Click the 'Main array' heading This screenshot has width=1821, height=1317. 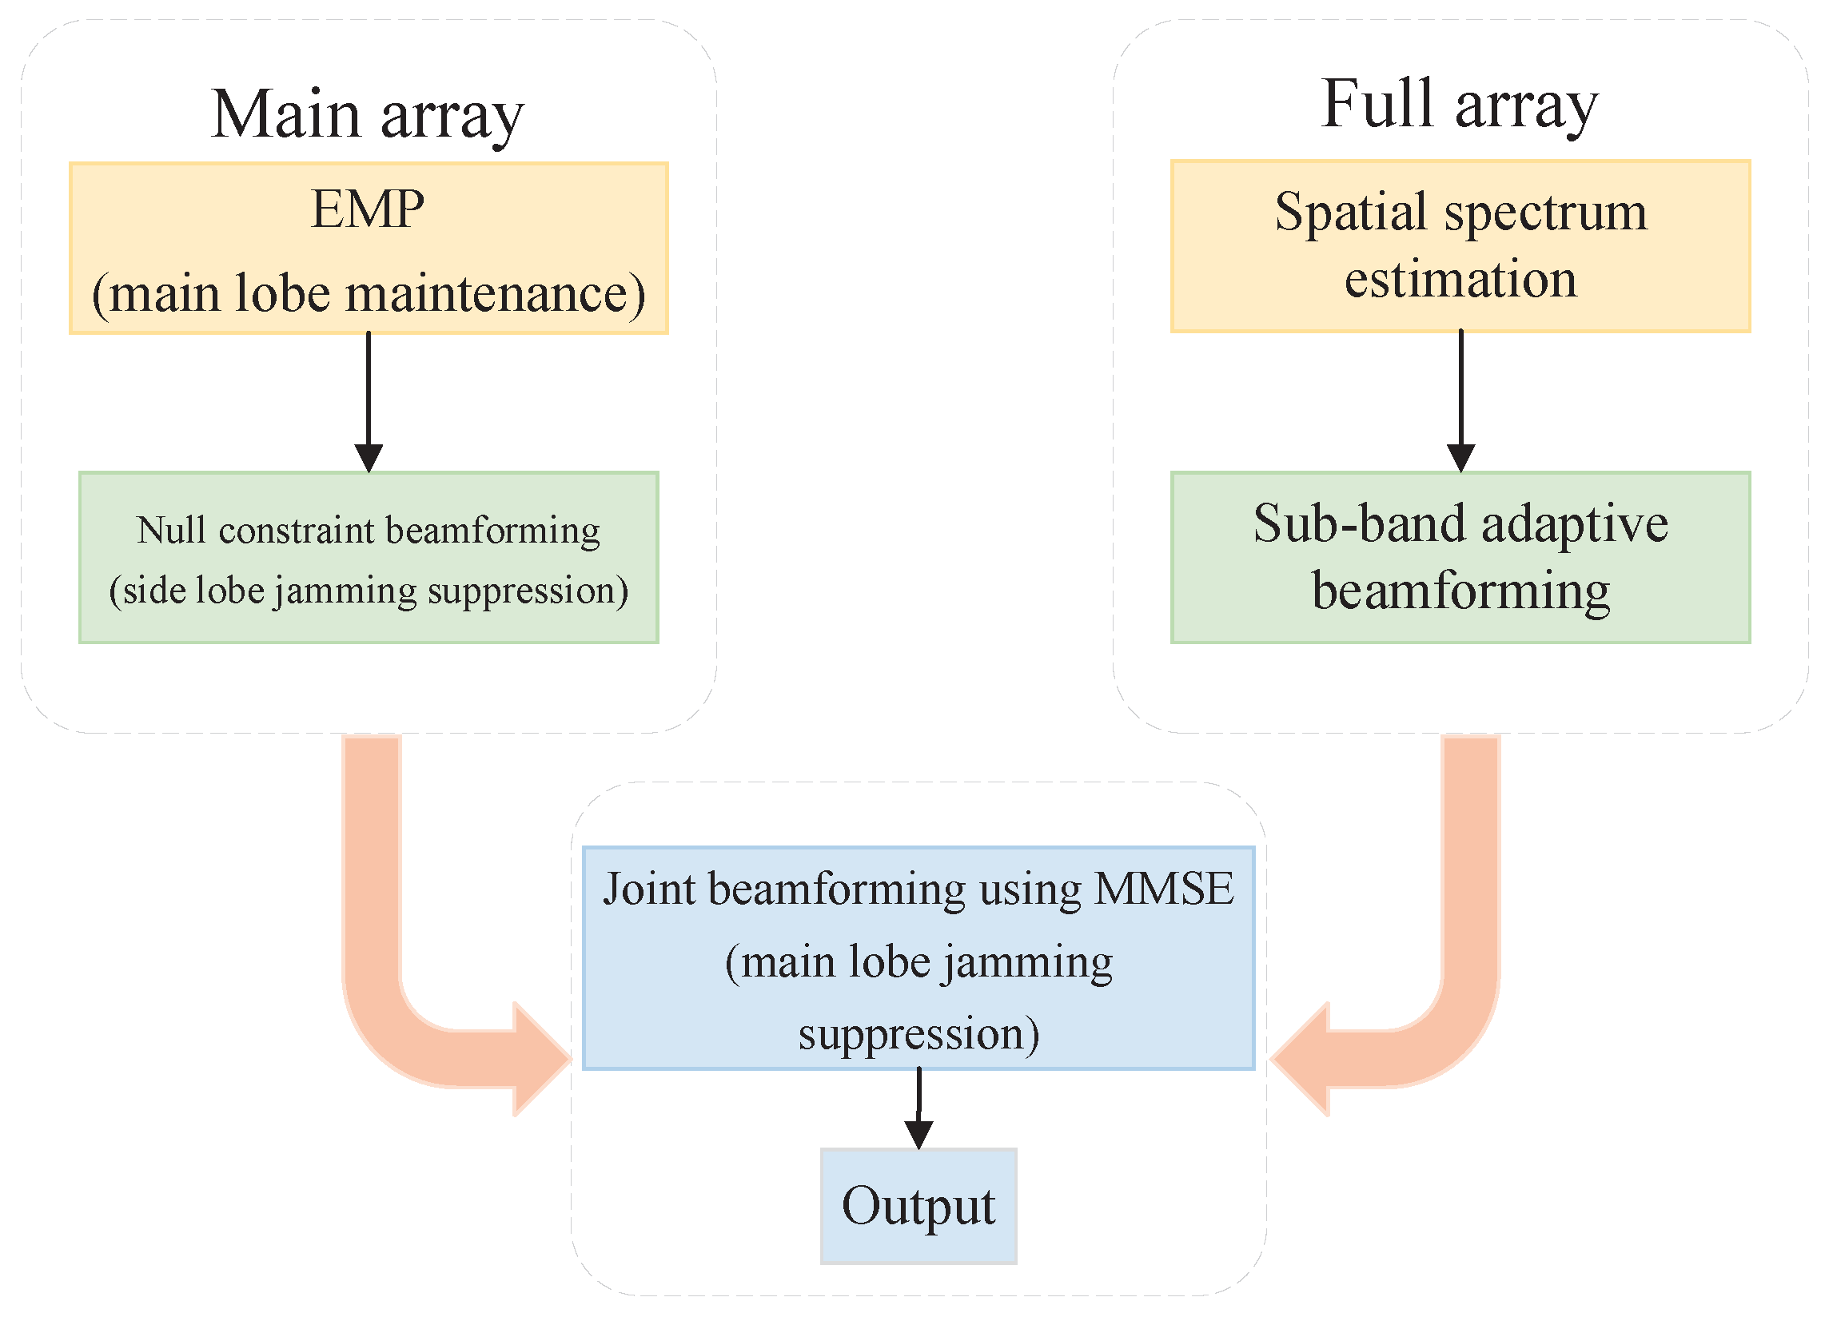coord(367,115)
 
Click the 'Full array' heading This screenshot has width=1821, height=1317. coord(1459,105)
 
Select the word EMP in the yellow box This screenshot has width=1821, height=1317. coord(368,209)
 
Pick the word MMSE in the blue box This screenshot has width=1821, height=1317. coord(1164,889)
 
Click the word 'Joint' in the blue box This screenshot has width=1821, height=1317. coord(649,889)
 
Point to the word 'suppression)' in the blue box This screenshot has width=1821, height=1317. coord(918,1033)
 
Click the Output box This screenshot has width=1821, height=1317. coord(918,1205)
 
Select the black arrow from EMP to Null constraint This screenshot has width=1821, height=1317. coord(369,401)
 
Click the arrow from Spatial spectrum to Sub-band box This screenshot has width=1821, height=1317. coord(1460,401)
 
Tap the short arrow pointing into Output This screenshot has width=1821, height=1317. coord(918,1108)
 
